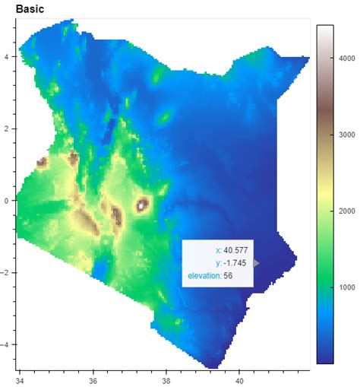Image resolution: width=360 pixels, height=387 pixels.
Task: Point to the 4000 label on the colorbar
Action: click(x=347, y=58)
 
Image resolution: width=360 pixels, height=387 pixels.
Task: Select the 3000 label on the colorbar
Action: click(x=347, y=135)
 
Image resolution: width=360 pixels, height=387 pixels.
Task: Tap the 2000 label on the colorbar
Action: click(x=347, y=211)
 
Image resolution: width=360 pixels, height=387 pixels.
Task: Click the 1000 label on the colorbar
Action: click(x=347, y=287)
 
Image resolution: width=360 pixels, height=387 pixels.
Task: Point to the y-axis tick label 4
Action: click(x=6, y=56)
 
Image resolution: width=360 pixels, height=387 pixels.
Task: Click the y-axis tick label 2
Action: click(x=6, y=128)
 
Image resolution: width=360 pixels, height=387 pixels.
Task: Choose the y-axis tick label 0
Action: click(x=6, y=201)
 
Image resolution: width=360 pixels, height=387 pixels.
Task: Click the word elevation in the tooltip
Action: click(x=204, y=275)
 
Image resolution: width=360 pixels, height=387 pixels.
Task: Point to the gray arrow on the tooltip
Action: click(x=257, y=263)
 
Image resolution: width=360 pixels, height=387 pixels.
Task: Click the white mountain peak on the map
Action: click(x=142, y=205)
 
